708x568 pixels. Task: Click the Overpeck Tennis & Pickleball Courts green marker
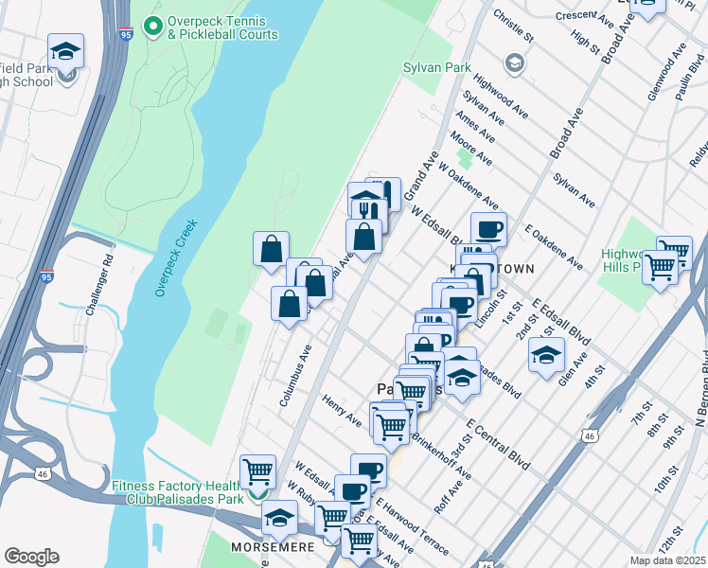[x=150, y=22]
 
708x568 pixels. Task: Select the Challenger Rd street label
[x=98, y=286]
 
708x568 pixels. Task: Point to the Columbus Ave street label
[x=295, y=376]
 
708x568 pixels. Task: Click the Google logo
[x=31, y=557]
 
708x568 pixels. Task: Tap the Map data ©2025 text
[x=667, y=560]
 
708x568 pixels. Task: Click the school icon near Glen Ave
[x=545, y=355]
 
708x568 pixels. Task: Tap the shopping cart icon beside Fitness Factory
[x=257, y=470]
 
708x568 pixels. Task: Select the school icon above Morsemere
[x=279, y=517]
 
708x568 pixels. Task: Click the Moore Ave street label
[x=471, y=148]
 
